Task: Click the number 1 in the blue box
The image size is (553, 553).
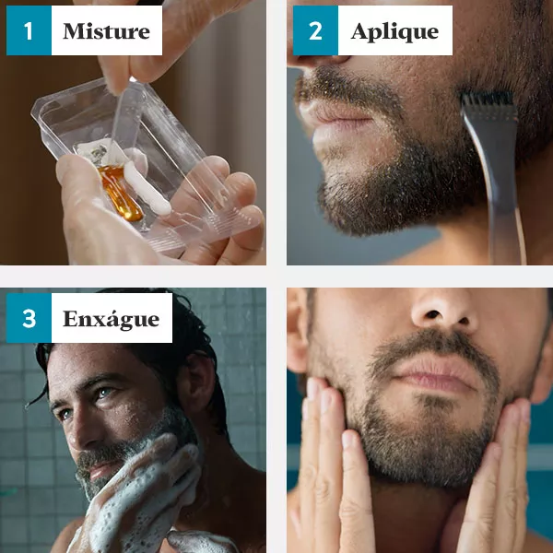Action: [29, 30]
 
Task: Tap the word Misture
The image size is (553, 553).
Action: [107, 31]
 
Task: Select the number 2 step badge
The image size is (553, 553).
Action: [315, 30]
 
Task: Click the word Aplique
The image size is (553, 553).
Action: [394, 31]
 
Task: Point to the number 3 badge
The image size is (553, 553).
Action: [29, 318]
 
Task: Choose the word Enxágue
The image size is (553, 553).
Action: [112, 319]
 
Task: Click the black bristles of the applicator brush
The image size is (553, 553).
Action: [487, 100]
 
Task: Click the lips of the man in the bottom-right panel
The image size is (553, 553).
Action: [437, 374]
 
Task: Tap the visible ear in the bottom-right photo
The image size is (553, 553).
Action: [297, 335]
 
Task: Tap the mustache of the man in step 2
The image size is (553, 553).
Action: [338, 87]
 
